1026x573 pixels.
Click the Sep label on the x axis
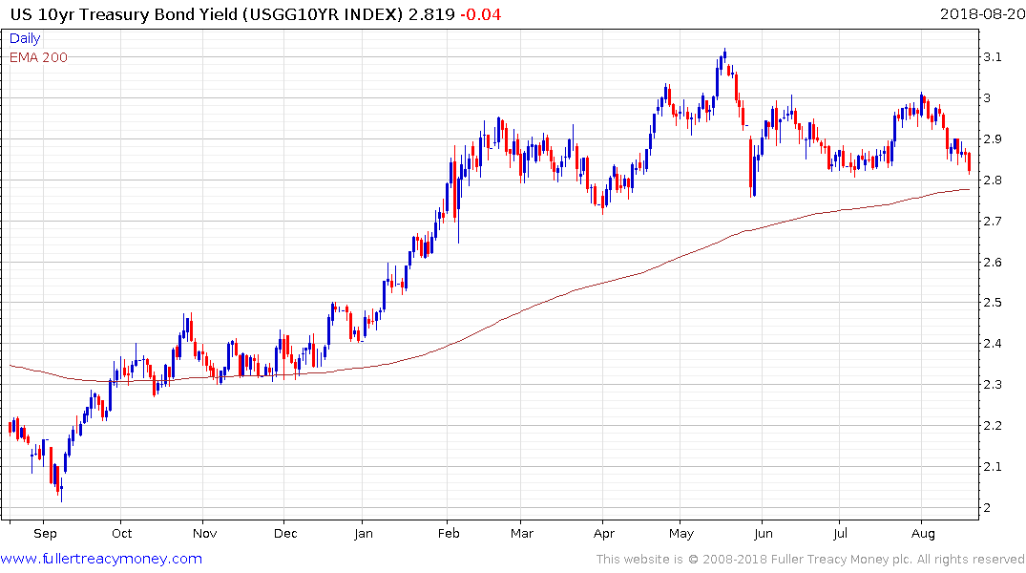(x=46, y=533)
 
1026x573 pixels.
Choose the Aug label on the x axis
(x=921, y=533)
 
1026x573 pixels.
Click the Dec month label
(x=285, y=533)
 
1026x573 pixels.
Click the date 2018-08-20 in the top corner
(x=980, y=14)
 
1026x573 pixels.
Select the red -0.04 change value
(x=480, y=14)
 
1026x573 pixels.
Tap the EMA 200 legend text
(x=39, y=57)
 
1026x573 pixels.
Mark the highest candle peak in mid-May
(x=725, y=52)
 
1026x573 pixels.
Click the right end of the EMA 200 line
(x=970, y=189)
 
